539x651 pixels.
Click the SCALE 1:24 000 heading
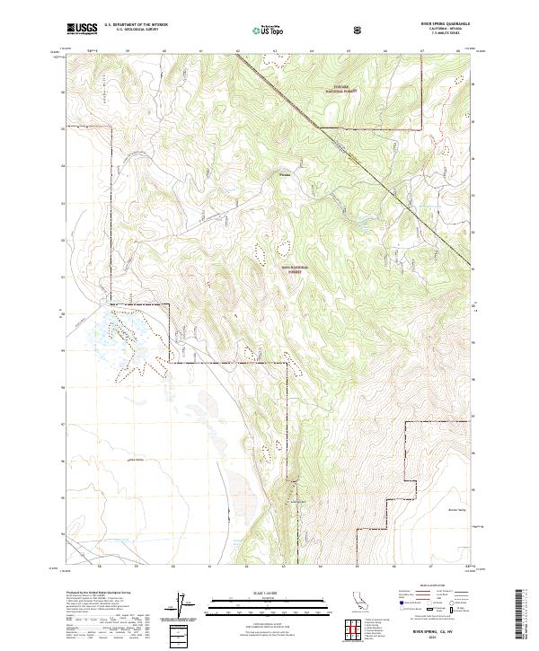click(x=256, y=592)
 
